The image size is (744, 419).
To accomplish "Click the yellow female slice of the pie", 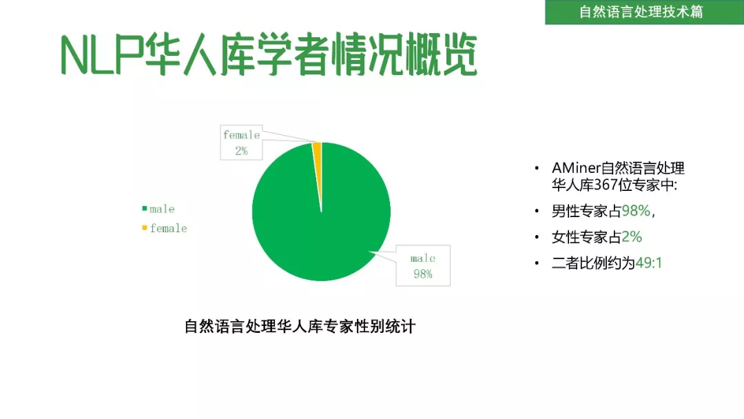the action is pyautogui.click(x=318, y=156).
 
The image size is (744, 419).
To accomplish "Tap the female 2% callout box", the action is pyautogui.click(x=241, y=143).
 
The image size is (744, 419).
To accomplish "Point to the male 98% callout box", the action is pyautogui.click(x=423, y=266).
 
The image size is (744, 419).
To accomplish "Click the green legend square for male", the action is pyautogui.click(x=144, y=208).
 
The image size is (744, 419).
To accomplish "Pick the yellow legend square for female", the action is pyautogui.click(x=144, y=228).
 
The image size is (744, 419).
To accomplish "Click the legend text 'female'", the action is pyautogui.click(x=169, y=228).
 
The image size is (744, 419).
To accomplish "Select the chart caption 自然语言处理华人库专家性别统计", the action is pyautogui.click(x=300, y=326).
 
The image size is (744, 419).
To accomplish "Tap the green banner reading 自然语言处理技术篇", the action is pyautogui.click(x=644, y=12).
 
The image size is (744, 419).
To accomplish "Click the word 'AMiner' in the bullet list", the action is pyautogui.click(x=576, y=168).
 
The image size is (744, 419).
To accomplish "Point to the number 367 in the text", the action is pyautogui.click(x=606, y=185).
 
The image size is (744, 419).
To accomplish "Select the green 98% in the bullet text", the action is pyautogui.click(x=636, y=211).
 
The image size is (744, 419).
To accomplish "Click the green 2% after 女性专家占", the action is pyautogui.click(x=632, y=236).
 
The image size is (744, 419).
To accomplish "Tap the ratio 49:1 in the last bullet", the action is pyautogui.click(x=649, y=263).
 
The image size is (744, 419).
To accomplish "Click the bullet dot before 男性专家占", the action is pyautogui.click(x=537, y=211).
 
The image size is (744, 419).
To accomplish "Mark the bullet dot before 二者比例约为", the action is pyautogui.click(x=537, y=263).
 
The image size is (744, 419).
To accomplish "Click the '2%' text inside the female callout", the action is pyautogui.click(x=241, y=151).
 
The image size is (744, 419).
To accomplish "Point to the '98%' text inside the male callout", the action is pyautogui.click(x=423, y=274).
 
